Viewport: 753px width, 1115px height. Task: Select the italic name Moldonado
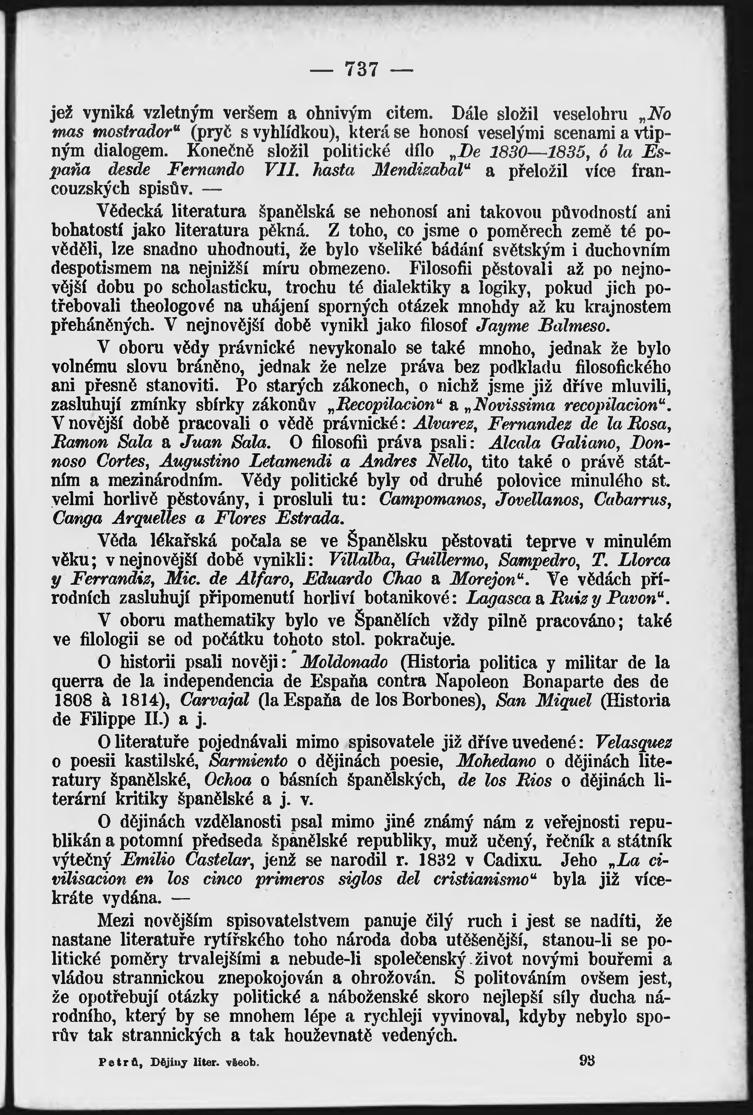(345, 663)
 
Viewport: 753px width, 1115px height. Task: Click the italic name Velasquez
(633, 742)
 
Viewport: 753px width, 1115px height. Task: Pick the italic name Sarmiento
(249, 761)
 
